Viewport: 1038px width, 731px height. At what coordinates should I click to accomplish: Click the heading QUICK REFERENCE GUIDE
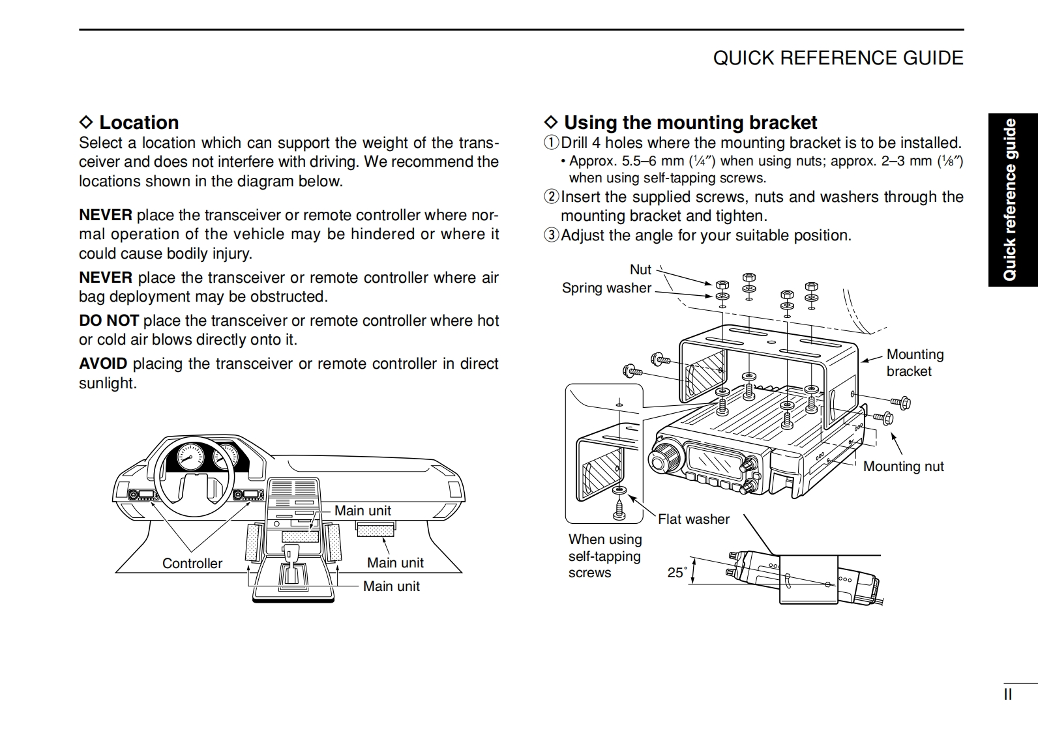(x=838, y=58)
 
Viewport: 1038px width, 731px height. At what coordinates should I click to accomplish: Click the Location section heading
(x=138, y=122)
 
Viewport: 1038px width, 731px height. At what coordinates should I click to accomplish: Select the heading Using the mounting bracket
(x=690, y=122)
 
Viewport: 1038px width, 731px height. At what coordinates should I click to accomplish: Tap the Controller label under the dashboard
(x=192, y=564)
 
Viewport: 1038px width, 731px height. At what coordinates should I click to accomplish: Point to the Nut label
(x=640, y=270)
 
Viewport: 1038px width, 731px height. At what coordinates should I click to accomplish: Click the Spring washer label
(x=606, y=288)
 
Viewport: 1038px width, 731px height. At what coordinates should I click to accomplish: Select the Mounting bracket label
(x=914, y=363)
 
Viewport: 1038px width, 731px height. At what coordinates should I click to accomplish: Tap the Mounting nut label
(x=903, y=466)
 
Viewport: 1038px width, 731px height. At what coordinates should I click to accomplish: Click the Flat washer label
(x=693, y=519)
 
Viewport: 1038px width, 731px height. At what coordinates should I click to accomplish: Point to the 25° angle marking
(x=677, y=573)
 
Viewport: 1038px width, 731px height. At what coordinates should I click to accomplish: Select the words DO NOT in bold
(x=109, y=321)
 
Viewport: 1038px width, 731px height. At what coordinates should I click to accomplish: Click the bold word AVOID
(x=103, y=364)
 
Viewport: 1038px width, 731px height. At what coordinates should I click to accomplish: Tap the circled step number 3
(x=552, y=235)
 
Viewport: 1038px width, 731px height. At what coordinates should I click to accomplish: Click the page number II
(x=1007, y=695)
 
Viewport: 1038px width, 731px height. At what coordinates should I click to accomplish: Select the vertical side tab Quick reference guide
(x=1010, y=199)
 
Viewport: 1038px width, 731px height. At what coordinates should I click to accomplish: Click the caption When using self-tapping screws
(x=604, y=556)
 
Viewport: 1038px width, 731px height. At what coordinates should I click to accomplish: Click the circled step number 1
(x=552, y=143)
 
